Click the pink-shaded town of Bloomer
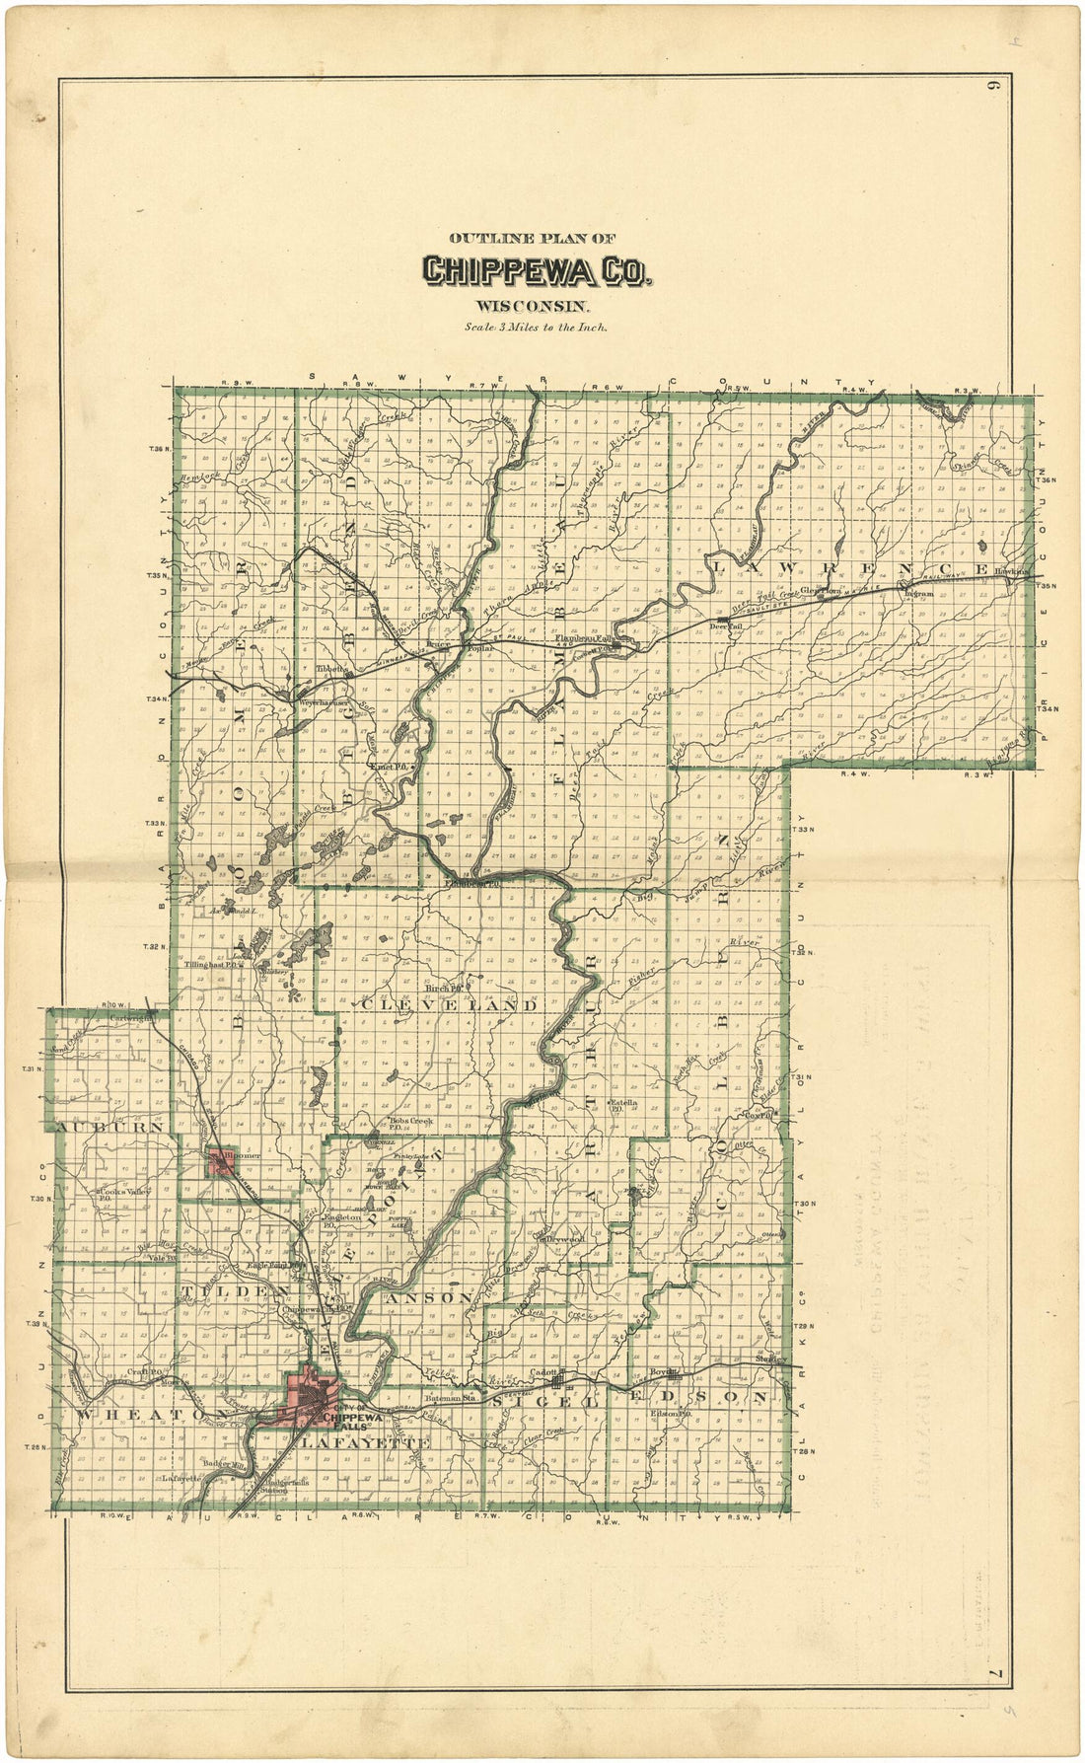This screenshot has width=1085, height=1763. [220, 1163]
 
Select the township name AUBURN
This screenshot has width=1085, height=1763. [96, 1126]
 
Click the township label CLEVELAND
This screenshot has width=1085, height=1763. [450, 1005]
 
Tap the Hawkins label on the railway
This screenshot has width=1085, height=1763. [1011, 571]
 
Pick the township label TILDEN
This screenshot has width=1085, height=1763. [234, 1290]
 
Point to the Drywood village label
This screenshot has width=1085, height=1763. [567, 1239]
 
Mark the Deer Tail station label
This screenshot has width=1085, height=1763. [725, 625]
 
